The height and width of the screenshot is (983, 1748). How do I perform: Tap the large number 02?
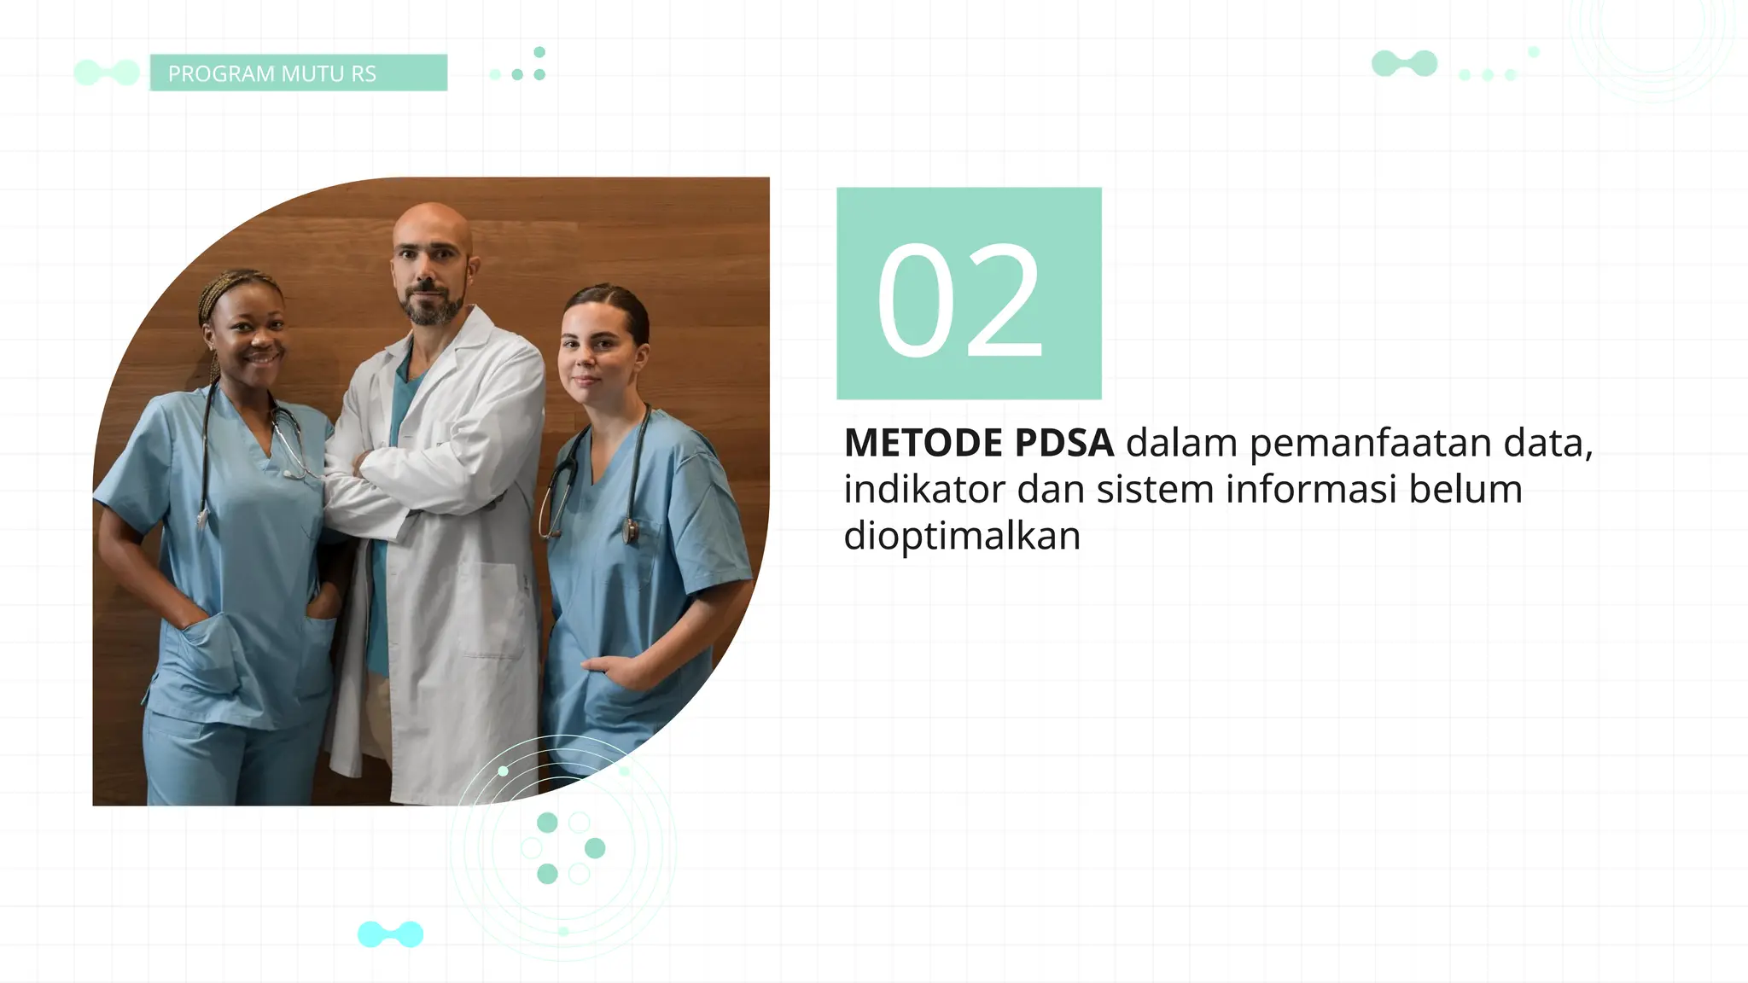(x=959, y=300)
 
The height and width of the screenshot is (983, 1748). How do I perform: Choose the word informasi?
(x=1311, y=490)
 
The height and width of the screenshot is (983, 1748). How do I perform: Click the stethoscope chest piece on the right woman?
(x=629, y=532)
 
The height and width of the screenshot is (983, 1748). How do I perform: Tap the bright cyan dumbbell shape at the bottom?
(x=390, y=934)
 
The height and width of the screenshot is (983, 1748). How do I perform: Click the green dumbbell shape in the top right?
(x=1404, y=63)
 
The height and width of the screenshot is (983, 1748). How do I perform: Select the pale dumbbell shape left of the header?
(x=107, y=73)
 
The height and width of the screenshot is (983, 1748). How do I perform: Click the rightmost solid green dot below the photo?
(x=595, y=848)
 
